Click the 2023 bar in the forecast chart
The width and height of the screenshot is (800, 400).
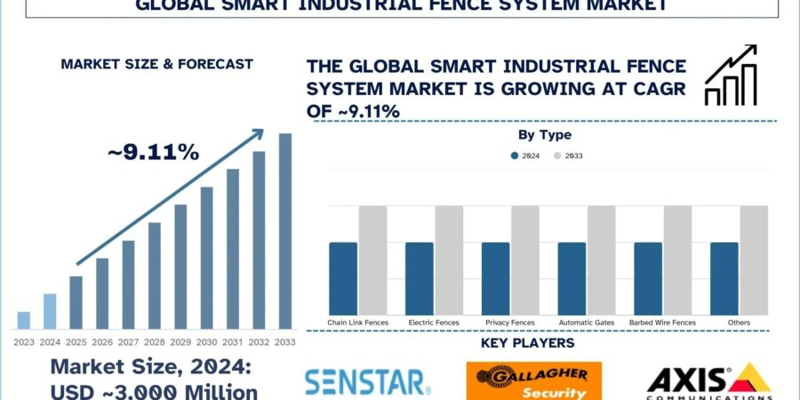pyautogui.click(x=24, y=320)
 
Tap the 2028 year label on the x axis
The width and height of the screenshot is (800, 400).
pyautogui.click(x=155, y=342)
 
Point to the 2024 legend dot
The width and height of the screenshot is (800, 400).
pyautogui.click(x=514, y=156)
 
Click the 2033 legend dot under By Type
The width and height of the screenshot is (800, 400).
pyautogui.click(x=557, y=156)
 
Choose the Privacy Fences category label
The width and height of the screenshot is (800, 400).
pyautogui.click(x=509, y=322)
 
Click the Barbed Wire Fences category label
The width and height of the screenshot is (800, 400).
pyautogui.click(x=662, y=322)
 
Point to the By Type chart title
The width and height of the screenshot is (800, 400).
pyautogui.click(x=545, y=135)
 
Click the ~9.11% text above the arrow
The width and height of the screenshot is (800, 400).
pyautogui.click(x=154, y=152)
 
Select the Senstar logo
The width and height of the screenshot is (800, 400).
pyautogui.click(x=367, y=382)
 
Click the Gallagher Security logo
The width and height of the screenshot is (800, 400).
pyautogui.click(x=533, y=380)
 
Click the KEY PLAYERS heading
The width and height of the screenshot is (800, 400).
pyautogui.click(x=527, y=343)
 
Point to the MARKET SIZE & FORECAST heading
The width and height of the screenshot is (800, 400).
pyautogui.click(x=156, y=64)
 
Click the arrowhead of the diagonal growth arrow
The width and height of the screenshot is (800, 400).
pyautogui.click(x=258, y=133)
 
